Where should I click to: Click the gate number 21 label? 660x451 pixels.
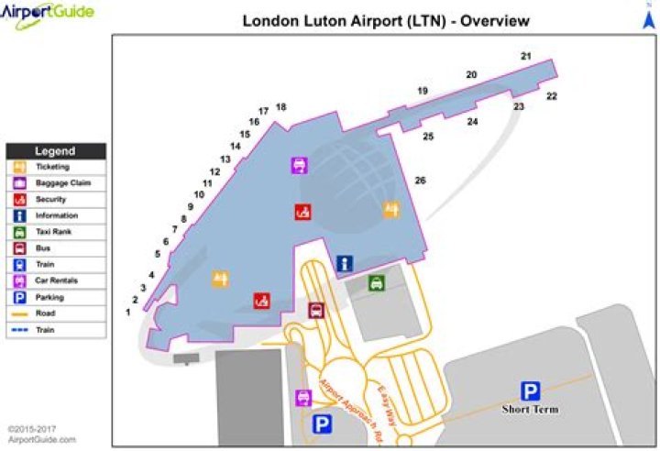[525, 57]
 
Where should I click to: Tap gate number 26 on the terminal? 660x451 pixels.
[420, 181]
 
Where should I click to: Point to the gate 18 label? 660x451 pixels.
[280, 107]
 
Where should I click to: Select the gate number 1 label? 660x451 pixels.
[128, 313]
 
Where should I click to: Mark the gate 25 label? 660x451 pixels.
[427, 137]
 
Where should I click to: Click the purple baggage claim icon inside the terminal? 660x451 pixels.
[299, 165]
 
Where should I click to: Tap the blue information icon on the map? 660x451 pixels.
[345, 263]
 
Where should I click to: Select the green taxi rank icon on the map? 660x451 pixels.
[376, 283]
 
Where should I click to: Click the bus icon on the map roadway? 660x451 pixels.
[315, 310]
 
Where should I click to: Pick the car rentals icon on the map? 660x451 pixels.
[302, 397]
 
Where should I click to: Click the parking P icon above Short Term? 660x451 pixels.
[530, 390]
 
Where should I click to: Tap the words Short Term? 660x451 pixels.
[530, 409]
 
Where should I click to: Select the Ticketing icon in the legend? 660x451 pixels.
[19, 167]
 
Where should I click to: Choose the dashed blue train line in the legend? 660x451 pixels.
[19, 329]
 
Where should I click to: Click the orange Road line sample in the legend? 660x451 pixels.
[19, 313]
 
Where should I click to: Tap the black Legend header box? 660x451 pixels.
[56, 151]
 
